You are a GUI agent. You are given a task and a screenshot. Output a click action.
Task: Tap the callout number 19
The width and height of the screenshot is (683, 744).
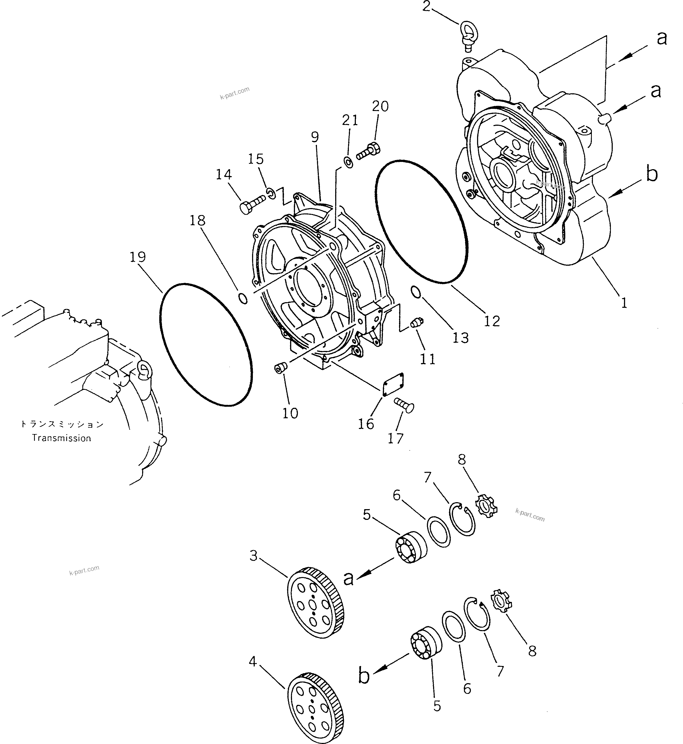pos(138,257)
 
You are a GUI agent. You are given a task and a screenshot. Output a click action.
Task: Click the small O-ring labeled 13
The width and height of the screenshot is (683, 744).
pos(415,292)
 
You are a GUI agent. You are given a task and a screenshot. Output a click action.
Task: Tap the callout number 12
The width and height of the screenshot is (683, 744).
pos(492,321)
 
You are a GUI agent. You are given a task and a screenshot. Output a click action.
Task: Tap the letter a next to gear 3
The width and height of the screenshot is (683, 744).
pos(349,578)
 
